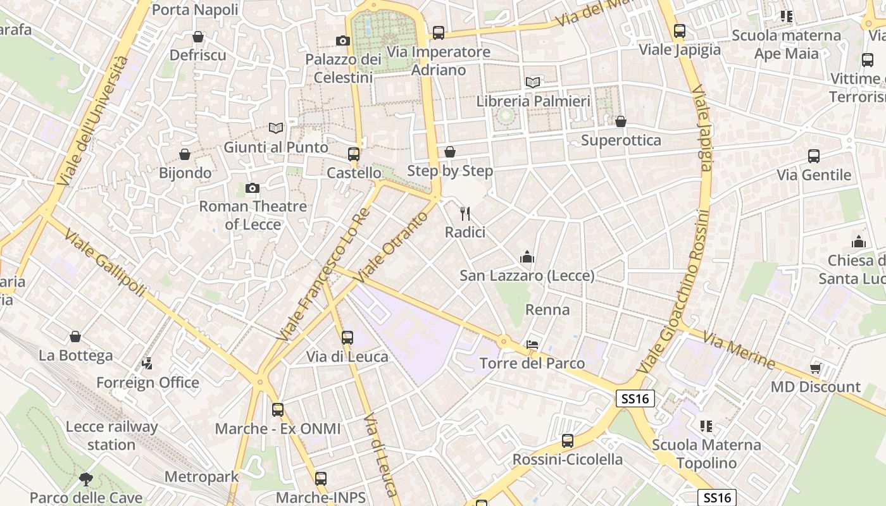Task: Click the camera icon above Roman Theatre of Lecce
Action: (x=252, y=188)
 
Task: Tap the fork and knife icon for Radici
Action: (x=465, y=214)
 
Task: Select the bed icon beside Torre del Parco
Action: (x=533, y=345)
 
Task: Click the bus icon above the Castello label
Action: (x=353, y=154)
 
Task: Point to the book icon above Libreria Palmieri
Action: (x=533, y=82)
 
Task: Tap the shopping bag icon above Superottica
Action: (x=621, y=121)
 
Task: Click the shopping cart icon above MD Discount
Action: (x=815, y=368)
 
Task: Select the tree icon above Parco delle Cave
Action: (x=85, y=479)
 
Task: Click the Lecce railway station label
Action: (x=111, y=436)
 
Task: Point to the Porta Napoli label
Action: (x=195, y=9)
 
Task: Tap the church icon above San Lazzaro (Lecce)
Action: (x=527, y=257)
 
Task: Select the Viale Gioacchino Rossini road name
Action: (x=673, y=291)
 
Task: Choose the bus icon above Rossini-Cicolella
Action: (x=567, y=441)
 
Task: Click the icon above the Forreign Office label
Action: (x=147, y=364)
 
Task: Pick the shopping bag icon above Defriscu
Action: (x=198, y=37)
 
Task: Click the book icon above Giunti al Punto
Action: (x=276, y=128)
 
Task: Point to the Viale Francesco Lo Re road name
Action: (x=323, y=275)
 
